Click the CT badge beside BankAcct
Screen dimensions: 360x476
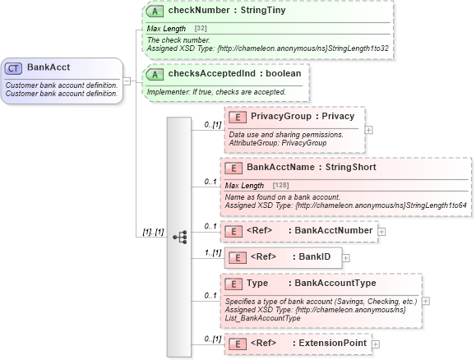[x=15, y=67]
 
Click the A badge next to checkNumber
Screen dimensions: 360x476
[x=155, y=12]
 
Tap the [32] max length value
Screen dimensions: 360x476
[x=200, y=29]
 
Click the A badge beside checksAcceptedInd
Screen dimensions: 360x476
[x=155, y=74]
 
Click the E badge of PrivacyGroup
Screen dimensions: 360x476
[x=237, y=117]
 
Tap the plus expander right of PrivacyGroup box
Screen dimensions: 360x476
[x=368, y=129]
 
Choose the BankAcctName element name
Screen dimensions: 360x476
[x=280, y=167]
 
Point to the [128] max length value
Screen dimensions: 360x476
[x=280, y=186]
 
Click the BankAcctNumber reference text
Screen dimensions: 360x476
[x=333, y=231]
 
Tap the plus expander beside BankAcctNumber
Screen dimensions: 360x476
[x=382, y=232]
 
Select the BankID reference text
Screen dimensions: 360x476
[x=314, y=257]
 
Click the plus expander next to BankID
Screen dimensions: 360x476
[x=347, y=258]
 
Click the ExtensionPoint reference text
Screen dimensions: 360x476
[x=332, y=343]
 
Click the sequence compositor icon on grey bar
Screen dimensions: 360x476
[x=179, y=237]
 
